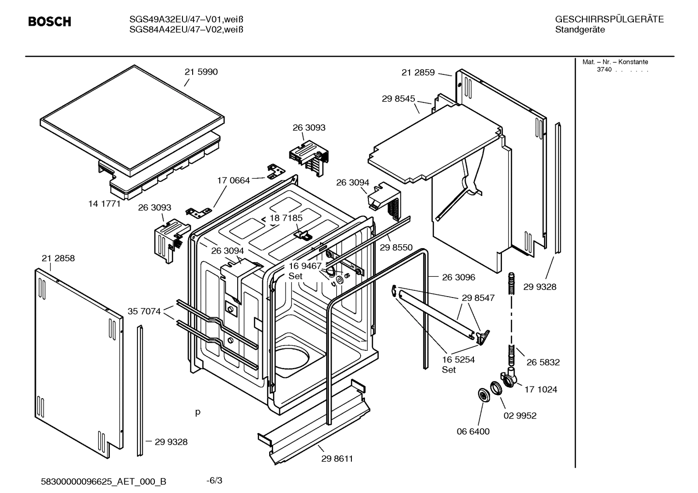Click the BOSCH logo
click(x=49, y=22)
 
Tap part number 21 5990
click(x=201, y=72)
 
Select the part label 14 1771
click(x=104, y=204)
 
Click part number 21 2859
click(x=418, y=73)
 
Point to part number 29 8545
click(x=398, y=99)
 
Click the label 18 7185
click(x=286, y=218)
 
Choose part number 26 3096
click(x=458, y=277)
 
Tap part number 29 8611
click(x=337, y=459)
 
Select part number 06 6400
click(x=473, y=432)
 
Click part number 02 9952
click(x=520, y=416)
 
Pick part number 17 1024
click(x=541, y=389)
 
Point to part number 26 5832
click(x=543, y=362)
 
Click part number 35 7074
click(x=144, y=312)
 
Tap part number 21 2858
click(x=58, y=258)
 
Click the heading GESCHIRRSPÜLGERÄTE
click(x=609, y=19)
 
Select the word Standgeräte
click(x=579, y=30)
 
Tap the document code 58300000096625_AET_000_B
click(x=104, y=481)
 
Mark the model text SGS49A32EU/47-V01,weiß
click(x=186, y=19)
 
